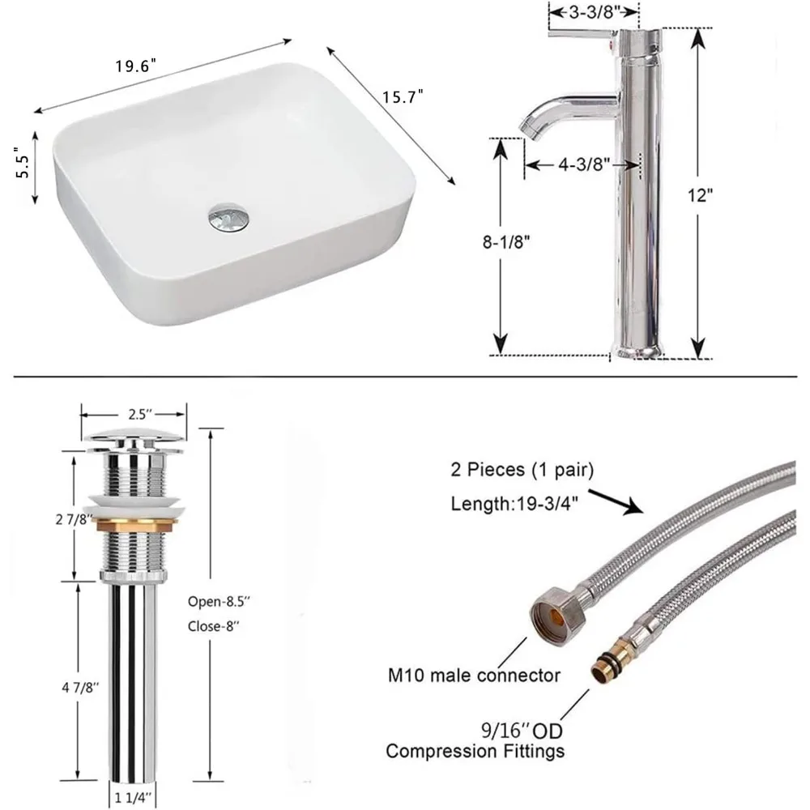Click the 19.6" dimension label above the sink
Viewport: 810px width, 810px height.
coord(135,66)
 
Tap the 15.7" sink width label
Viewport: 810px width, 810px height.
coord(403,96)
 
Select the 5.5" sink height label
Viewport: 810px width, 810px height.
coord(24,162)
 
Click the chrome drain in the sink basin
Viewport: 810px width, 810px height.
coord(228,217)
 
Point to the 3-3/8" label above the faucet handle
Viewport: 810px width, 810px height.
coord(594,12)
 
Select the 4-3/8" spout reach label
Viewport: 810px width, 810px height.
coord(584,164)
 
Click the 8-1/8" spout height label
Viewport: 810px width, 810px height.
coord(506,241)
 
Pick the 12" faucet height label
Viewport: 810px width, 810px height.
coord(700,196)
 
